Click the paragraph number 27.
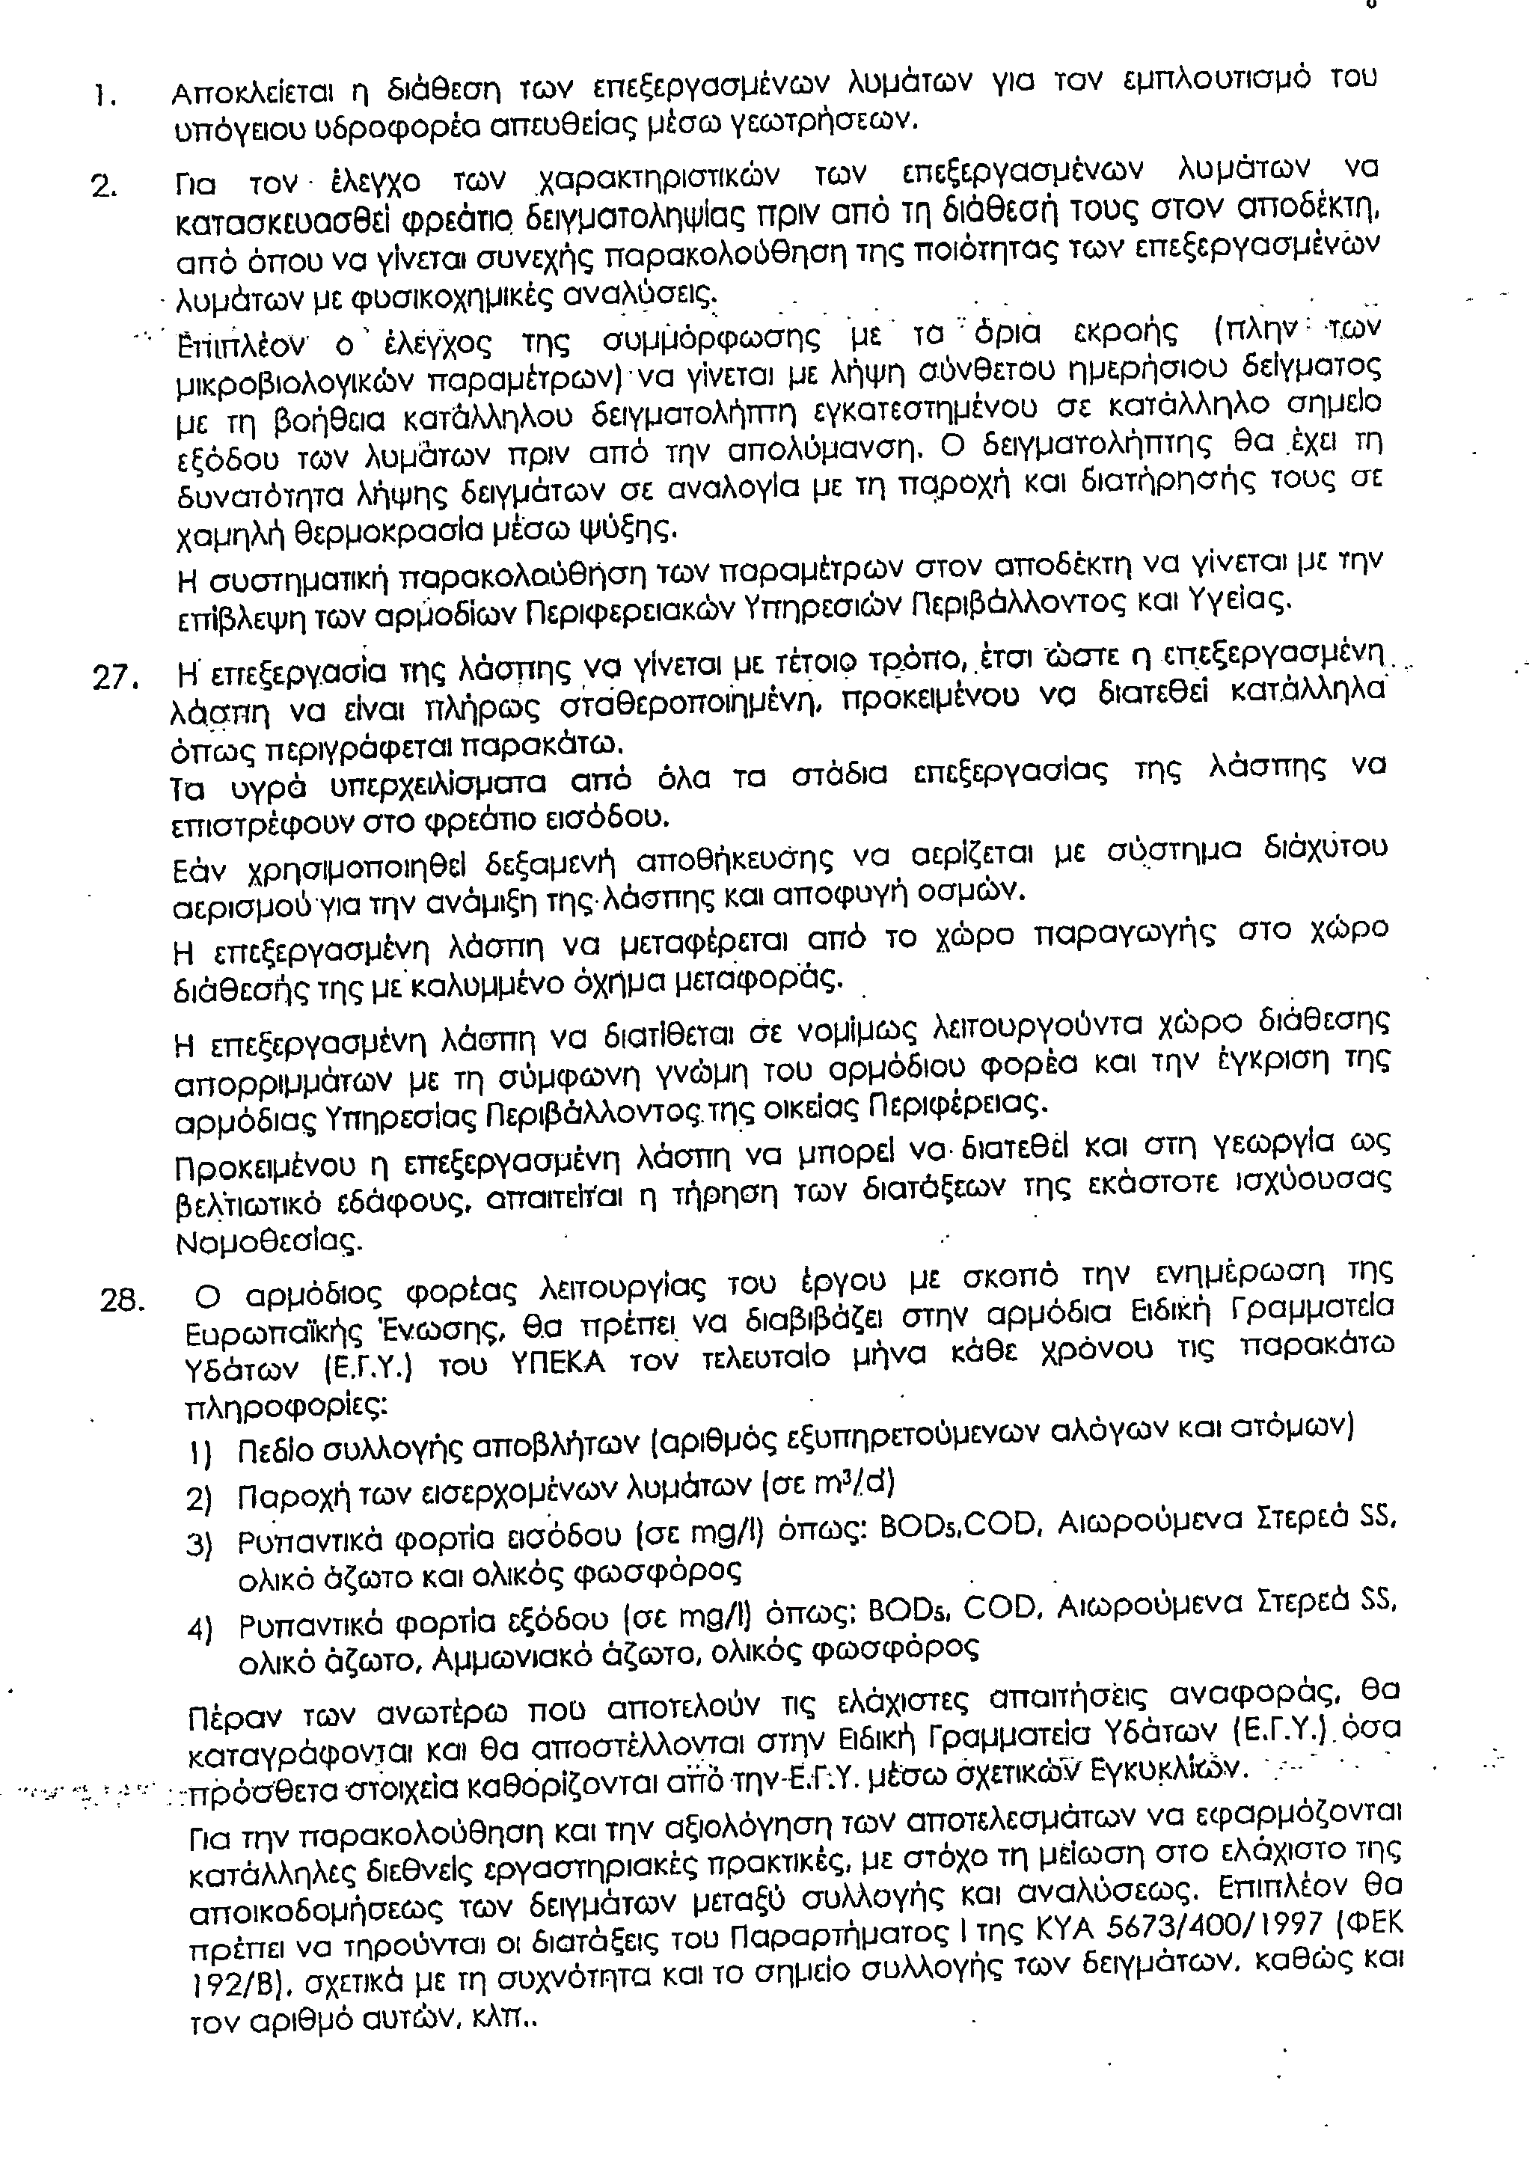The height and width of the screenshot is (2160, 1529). pyautogui.click(x=115, y=679)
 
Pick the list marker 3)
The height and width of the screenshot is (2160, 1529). pyautogui.click(x=200, y=1545)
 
